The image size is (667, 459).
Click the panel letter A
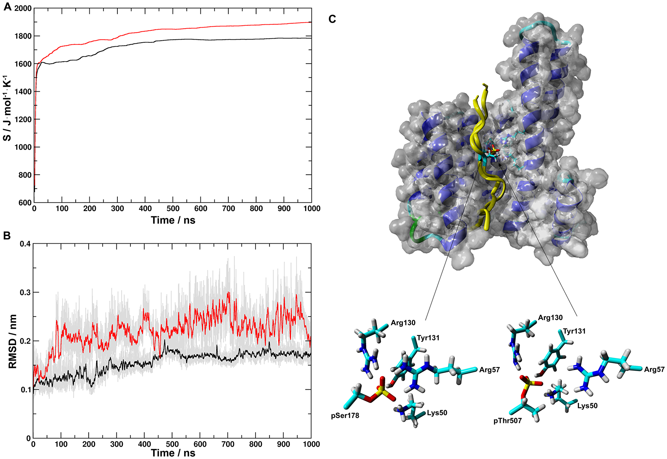point(7,7)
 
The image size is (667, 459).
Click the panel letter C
point(332,19)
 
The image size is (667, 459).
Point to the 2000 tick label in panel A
point(23,8)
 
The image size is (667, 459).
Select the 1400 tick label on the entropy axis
point(23,92)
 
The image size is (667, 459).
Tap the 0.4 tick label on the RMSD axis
point(25,244)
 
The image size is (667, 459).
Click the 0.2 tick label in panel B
point(25,341)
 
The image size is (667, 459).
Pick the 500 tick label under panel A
point(173,209)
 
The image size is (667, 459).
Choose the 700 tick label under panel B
point(228,444)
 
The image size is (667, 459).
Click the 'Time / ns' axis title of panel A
point(173,220)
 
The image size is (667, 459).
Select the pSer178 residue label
point(345,416)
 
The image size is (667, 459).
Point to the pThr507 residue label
point(507,421)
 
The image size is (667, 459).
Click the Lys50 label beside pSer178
point(437,413)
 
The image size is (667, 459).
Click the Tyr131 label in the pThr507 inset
point(574,331)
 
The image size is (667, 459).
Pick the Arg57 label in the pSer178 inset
point(489,370)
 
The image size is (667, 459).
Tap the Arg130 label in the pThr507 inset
point(550,318)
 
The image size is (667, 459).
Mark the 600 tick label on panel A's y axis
point(25,203)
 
